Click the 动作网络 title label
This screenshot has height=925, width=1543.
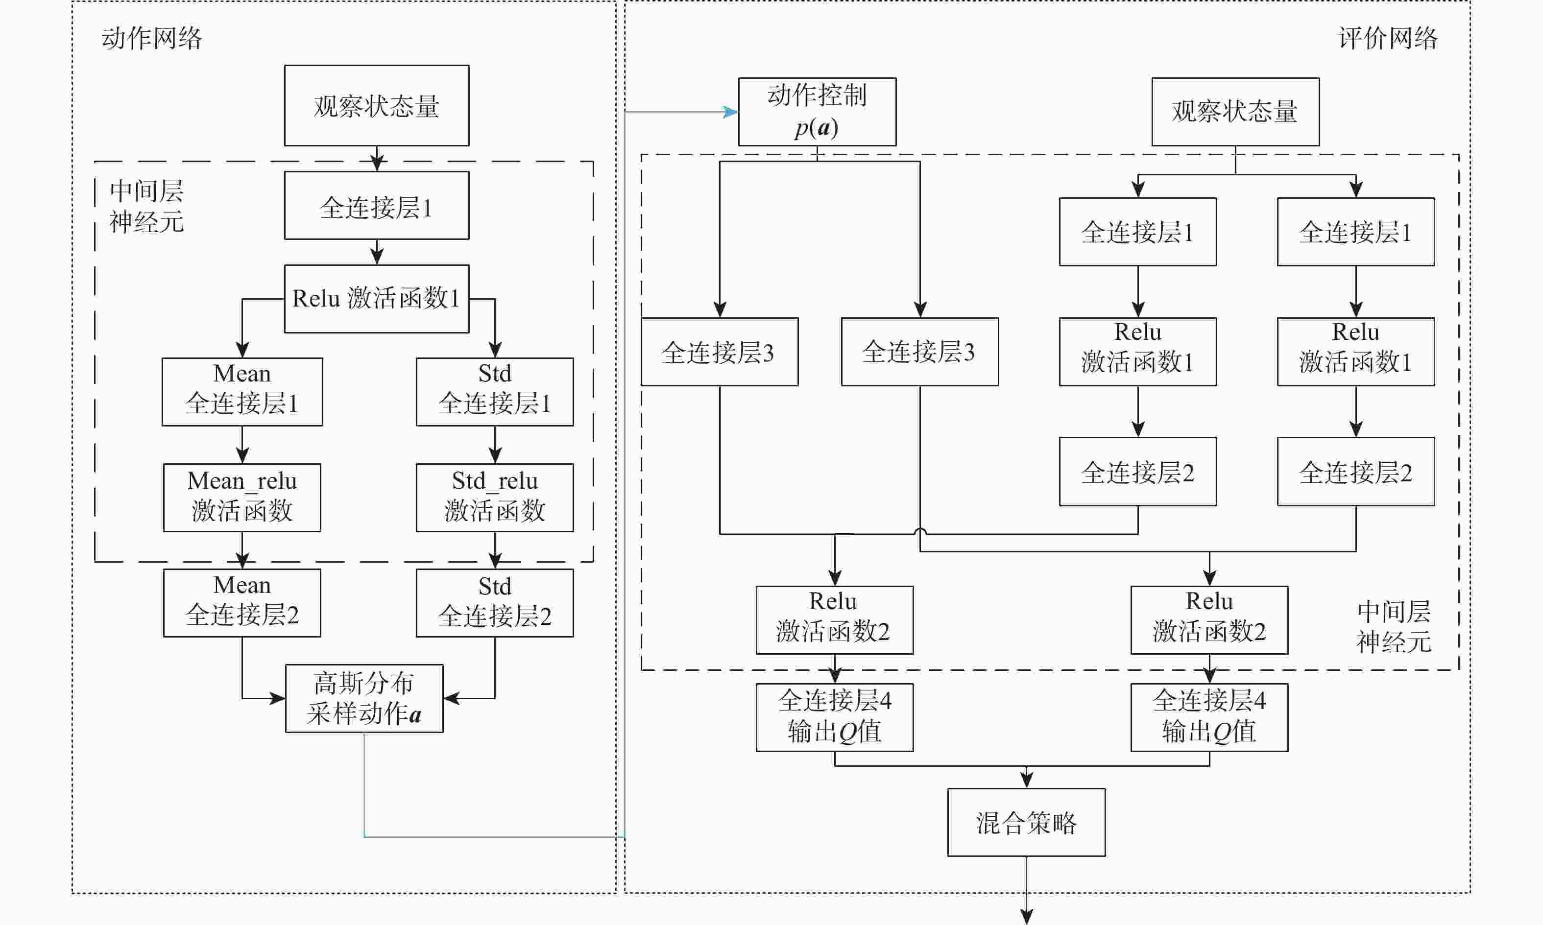pyautogui.click(x=152, y=39)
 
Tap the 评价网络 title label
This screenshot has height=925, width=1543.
pyautogui.click(x=1388, y=39)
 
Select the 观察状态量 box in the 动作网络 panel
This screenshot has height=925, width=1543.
pyautogui.click(x=377, y=105)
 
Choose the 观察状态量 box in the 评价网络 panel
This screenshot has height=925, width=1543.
pyautogui.click(x=1235, y=112)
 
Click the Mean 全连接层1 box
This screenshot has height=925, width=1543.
pyautogui.click(x=242, y=391)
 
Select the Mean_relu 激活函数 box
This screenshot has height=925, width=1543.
pyautogui.click(x=242, y=498)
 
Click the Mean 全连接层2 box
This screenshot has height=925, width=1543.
pyautogui.click(x=242, y=603)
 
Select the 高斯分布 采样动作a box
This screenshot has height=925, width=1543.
pyautogui.click(x=364, y=698)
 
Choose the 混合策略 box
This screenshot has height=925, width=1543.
pyautogui.click(x=1026, y=822)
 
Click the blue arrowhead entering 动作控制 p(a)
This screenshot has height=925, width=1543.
pyautogui.click(x=731, y=112)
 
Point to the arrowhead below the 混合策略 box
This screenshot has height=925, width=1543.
pyautogui.click(x=1026, y=916)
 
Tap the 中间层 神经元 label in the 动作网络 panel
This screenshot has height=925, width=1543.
pyautogui.click(x=146, y=206)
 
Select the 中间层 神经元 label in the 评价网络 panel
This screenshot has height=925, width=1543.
pyautogui.click(x=1394, y=626)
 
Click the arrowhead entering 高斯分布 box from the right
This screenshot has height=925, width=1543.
pyautogui.click(x=451, y=698)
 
